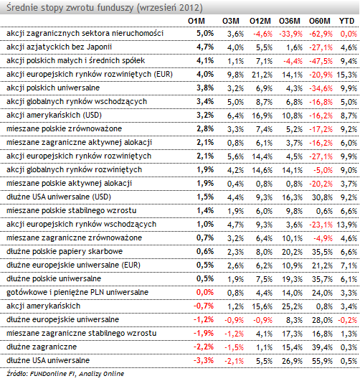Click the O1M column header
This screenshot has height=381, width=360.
tap(196, 21)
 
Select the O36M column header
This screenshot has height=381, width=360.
tap(290, 21)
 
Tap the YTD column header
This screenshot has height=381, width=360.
tap(346, 21)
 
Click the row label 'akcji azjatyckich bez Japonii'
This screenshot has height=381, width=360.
tap(59, 47)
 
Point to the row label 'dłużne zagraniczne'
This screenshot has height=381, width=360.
tap(42, 347)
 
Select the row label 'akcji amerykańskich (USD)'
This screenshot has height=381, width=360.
tap(54, 115)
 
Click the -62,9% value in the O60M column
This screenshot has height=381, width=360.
tap(321, 34)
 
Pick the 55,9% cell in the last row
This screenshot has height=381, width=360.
tap(322, 361)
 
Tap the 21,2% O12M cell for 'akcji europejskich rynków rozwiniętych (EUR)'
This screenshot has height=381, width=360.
tap(262, 75)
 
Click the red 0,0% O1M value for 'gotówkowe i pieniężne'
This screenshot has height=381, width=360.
tap(205, 292)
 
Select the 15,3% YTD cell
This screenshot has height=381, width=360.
tap(347, 75)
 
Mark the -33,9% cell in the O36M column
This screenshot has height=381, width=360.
tap(290, 34)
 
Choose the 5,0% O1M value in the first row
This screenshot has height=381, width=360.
tap(205, 33)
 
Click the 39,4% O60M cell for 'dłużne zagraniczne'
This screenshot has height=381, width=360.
tap(322, 347)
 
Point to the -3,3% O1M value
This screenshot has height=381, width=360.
tap(204, 360)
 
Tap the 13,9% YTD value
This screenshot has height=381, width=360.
tap(347, 225)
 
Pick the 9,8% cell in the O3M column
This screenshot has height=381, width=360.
tap(235, 75)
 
